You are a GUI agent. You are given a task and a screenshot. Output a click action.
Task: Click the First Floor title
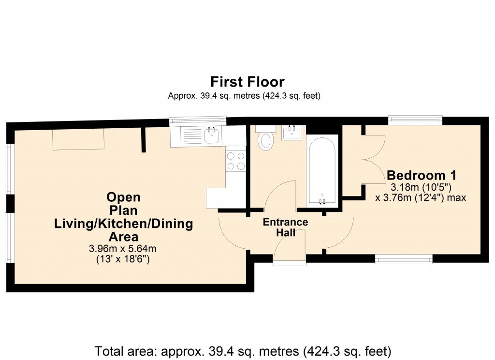coord(247,81)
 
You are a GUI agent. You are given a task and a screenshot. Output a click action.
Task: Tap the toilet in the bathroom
coord(265,140)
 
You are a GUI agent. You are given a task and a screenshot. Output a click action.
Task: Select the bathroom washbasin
coord(292,132)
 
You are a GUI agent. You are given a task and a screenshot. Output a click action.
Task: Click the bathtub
coord(321,169)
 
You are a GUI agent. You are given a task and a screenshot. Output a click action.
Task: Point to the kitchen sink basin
coord(211,136)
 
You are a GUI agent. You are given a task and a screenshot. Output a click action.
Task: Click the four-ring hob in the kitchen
coord(235,161)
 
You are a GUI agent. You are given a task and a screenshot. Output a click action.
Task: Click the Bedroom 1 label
coord(422,175)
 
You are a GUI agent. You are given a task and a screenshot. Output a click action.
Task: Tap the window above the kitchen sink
coord(198,120)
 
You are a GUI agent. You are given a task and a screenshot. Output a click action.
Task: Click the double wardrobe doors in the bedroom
coord(373,158)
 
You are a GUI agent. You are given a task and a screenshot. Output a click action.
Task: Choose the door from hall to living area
coord(233,233)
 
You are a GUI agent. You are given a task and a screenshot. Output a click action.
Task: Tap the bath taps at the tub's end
coord(322,201)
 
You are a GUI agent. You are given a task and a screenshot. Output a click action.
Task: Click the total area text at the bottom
coord(243,350)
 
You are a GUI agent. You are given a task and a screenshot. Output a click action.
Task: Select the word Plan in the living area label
coord(123,210)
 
